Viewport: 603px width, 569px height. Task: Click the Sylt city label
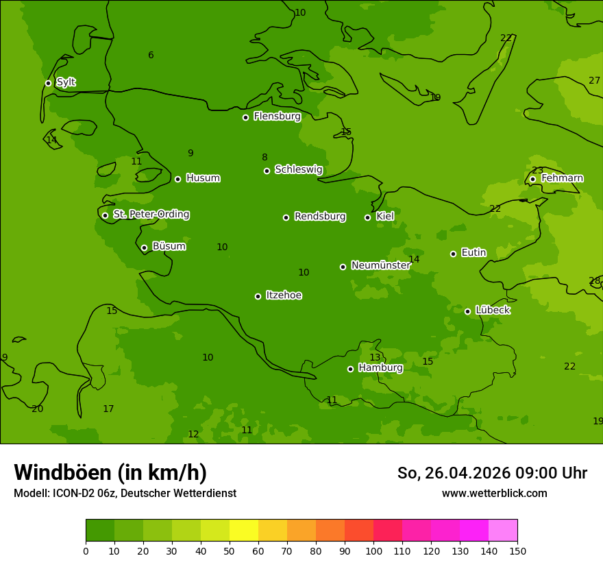point(66,82)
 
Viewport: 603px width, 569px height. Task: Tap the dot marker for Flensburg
point(245,117)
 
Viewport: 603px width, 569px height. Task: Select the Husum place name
point(203,178)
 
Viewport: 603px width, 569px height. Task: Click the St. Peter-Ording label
point(151,215)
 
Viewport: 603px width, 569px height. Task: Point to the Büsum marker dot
point(144,247)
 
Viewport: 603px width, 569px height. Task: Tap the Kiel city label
point(385,217)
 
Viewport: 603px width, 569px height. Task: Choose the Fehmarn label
point(562,178)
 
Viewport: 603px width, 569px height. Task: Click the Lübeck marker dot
point(467,311)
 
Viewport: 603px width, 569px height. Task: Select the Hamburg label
point(380,368)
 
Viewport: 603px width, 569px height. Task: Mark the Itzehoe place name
point(284,295)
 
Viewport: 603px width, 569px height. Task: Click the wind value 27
point(594,80)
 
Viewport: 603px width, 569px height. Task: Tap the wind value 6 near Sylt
point(151,56)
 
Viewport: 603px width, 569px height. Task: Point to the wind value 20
point(37,409)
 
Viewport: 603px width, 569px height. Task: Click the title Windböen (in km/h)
point(110,472)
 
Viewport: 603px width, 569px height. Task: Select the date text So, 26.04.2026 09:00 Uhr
point(492,473)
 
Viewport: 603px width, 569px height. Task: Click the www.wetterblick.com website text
point(494,494)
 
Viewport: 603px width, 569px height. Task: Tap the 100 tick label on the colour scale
point(373,550)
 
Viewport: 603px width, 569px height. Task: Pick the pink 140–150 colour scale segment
point(503,531)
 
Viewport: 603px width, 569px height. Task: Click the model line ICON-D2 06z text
point(125,494)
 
